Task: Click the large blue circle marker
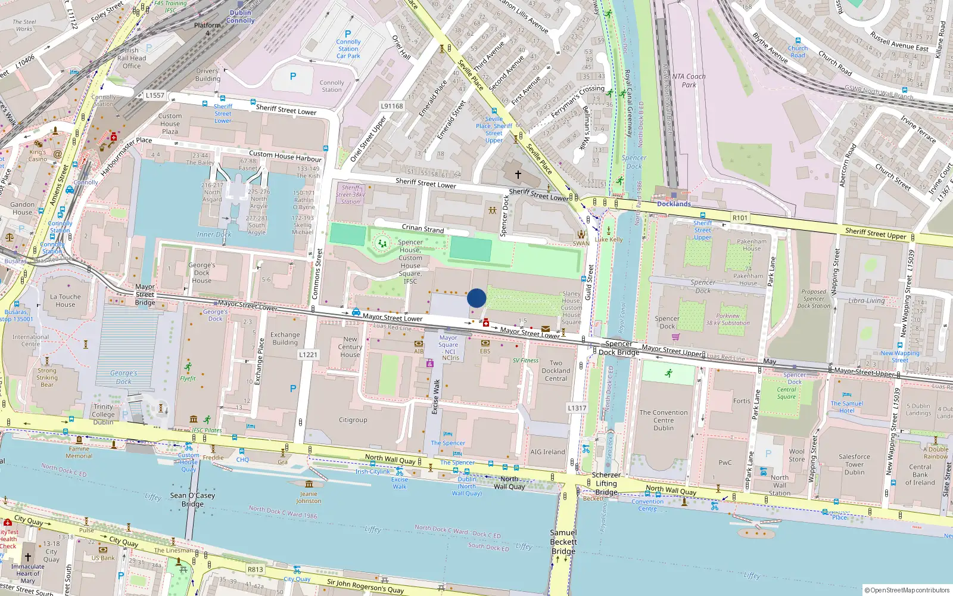tap(476, 298)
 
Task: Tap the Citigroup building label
tap(353, 420)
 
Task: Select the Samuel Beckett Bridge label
tap(563, 542)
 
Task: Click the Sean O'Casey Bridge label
tap(192, 499)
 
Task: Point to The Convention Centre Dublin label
tap(664, 420)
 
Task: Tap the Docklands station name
tap(674, 204)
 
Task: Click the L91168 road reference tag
tap(392, 106)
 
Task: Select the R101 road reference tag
tap(740, 218)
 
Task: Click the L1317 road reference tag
tap(577, 408)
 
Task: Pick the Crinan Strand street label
tap(422, 228)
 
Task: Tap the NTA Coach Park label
tap(689, 80)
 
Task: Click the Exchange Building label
tap(285, 339)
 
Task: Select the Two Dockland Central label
tap(556, 371)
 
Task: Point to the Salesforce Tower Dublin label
tap(854, 464)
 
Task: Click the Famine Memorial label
tap(79, 452)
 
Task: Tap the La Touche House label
tap(66, 300)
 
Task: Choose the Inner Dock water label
tap(214, 235)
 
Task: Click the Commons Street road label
tap(317, 274)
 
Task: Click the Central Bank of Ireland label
tap(920, 475)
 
